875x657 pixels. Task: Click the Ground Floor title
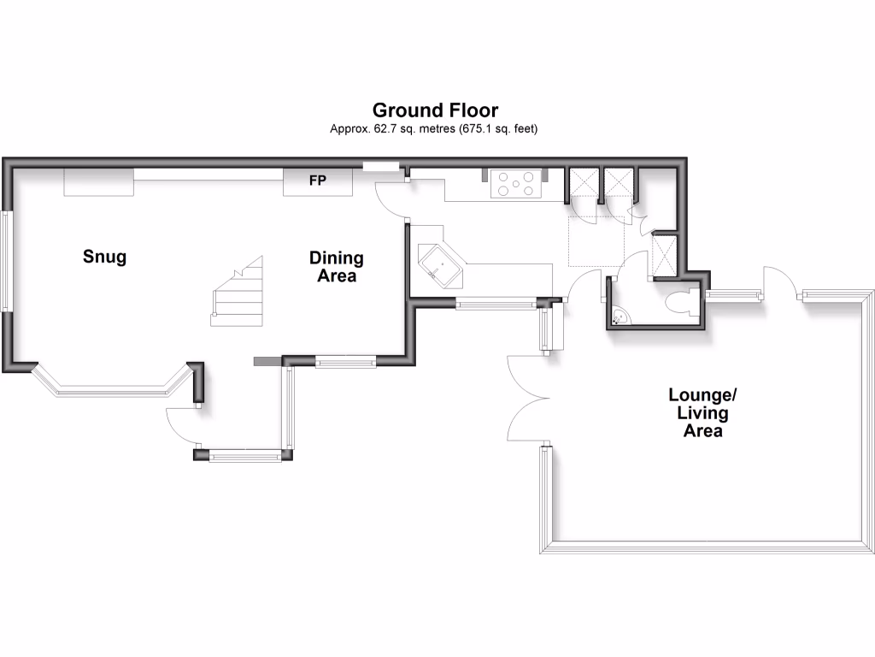point(435,110)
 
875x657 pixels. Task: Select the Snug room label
point(104,257)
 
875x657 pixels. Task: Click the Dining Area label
point(336,267)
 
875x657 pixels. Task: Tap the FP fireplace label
point(317,181)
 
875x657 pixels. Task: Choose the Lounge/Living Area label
point(702,413)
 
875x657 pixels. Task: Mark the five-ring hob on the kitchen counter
point(517,185)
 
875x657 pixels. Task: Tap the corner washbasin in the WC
point(620,317)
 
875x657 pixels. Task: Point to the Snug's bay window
point(111,388)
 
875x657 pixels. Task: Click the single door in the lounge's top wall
point(779,282)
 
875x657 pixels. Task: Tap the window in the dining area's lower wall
point(345,362)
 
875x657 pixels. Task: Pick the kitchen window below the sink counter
point(495,303)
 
